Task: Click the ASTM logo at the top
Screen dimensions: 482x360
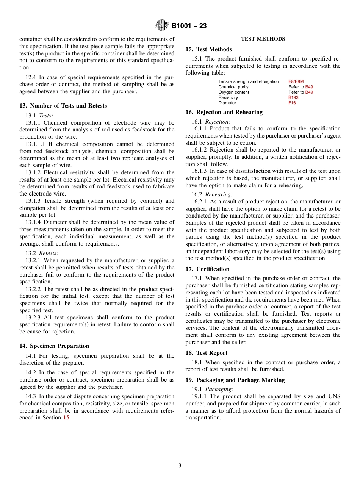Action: (161, 26)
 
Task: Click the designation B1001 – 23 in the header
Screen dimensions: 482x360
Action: (189, 26)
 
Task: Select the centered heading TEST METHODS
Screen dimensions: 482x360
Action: (263, 39)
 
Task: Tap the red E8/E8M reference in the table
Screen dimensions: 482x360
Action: (296, 81)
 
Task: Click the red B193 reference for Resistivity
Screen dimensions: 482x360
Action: (293, 97)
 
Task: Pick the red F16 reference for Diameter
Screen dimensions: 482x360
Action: (292, 103)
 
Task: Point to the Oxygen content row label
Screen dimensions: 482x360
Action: (234, 92)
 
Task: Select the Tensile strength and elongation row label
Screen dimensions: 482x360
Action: (249, 81)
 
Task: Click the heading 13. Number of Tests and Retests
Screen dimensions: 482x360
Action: (63, 106)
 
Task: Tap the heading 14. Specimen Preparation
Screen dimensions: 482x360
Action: (54, 346)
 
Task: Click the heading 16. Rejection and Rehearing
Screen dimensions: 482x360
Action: (224, 112)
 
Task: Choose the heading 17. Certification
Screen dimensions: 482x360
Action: (207, 269)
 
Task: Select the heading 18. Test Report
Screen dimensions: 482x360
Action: (206, 353)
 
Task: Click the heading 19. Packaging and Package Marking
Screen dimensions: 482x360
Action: (235, 380)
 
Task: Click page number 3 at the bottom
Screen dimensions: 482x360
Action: (180, 465)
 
